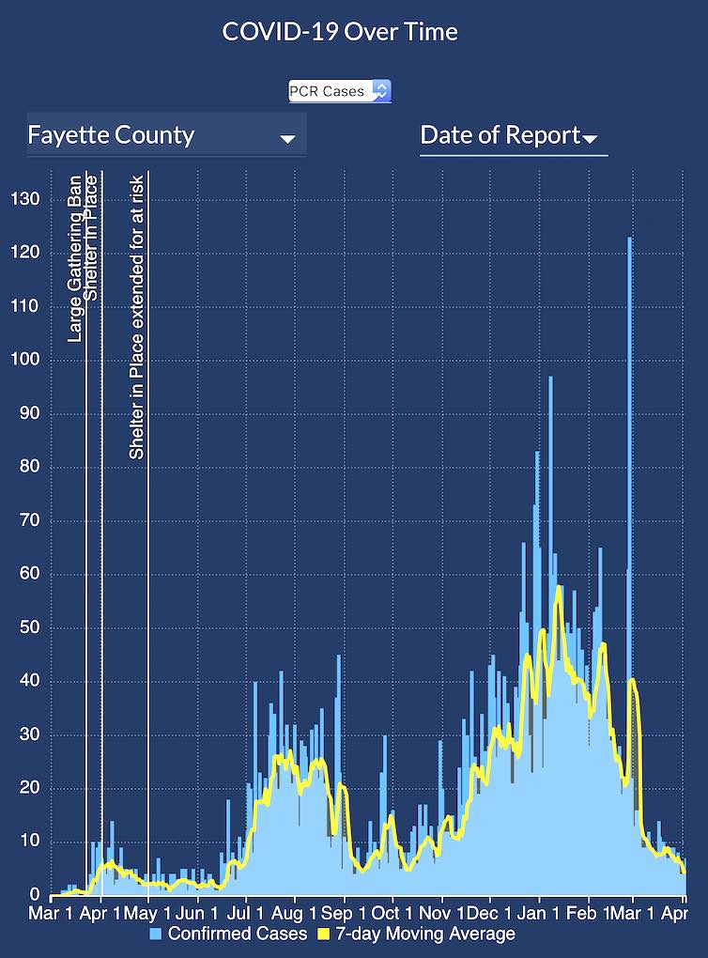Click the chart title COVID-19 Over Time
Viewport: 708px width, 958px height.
pos(340,31)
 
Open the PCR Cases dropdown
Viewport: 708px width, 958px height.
pos(339,91)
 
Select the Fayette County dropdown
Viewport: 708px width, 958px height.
pos(166,135)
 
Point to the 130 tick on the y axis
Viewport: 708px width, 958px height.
pos(24,199)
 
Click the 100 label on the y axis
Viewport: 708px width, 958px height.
pos(24,360)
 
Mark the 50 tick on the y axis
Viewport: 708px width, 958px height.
pos(29,627)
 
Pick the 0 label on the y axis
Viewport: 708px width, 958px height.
pos(34,895)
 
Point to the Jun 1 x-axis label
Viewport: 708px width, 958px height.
pos(196,913)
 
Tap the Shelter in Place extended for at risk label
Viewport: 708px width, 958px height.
pos(137,317)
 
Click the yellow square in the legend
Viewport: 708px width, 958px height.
pos(325,934)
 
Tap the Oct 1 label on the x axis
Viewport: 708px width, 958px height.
pos(391,913)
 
